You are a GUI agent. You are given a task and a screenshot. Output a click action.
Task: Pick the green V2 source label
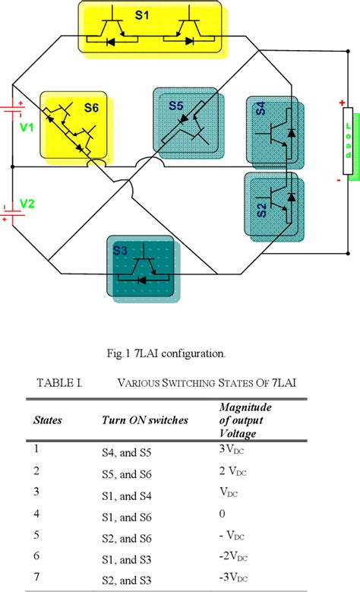(x=27, y=203)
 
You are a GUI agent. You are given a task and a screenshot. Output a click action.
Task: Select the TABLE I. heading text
(x=58, y=383)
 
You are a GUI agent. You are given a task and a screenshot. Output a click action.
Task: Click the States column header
(x=47, y=419)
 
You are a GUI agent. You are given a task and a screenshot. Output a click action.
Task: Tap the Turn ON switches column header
(x=141, y=419)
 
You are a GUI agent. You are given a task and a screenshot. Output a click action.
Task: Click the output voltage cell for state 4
(x=221, y=513)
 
